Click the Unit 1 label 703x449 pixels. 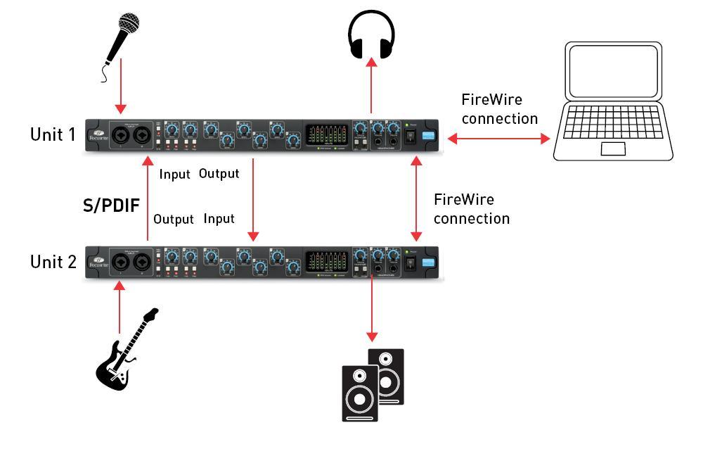point(52,134)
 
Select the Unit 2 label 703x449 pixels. point(52,263)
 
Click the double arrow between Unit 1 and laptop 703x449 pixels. point(498,139)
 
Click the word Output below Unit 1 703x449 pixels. point(219,173)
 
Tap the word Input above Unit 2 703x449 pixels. point(219,219)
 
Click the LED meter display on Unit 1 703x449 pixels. point(327,134)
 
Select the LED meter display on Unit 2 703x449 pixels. point(327,261)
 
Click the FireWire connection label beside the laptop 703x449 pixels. point(499,108)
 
